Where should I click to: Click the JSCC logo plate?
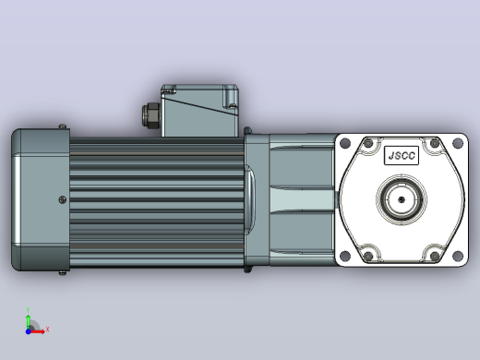point(402,155)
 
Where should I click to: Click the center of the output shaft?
point(402,199)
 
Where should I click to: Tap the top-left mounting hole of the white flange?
point(345,143)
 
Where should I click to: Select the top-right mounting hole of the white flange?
point(458,143)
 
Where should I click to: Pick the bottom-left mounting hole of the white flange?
point(345,256)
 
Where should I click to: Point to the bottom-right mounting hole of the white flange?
point(458,256)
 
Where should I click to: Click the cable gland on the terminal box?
point(150,115)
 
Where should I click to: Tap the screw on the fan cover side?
point(63,199)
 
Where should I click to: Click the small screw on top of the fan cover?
point(63,126)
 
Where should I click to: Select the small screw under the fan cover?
point(63,273)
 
